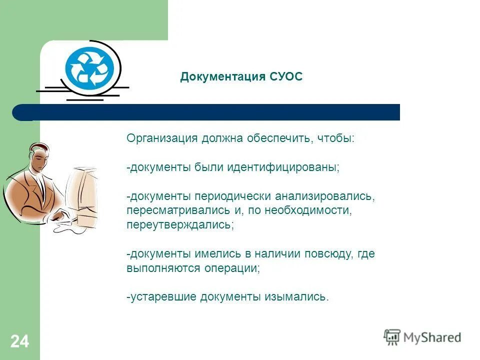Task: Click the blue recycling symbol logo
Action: pyautogui.click(x=90, y=67)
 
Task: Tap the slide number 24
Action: pyautogui.click(x=19, y=342)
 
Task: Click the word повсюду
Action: pyautogui.click(x=330, y=254)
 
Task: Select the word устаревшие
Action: pyautogui.click(x=163, y=297)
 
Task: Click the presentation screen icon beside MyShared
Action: pyautogui.click(x=392, y=337)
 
